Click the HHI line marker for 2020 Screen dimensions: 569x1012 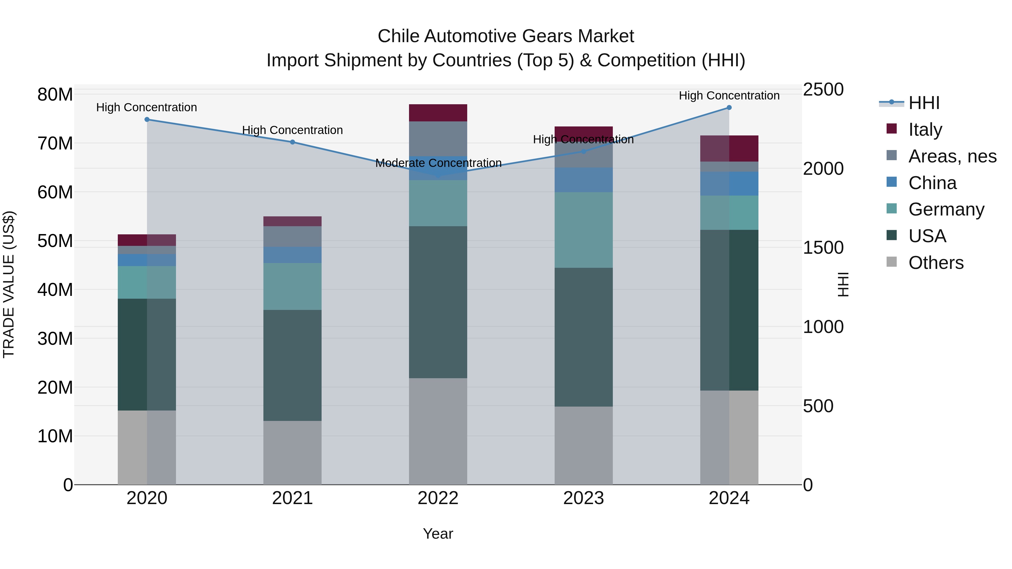[x=147, y=119]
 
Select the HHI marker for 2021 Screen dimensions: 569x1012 [x=292, y=142]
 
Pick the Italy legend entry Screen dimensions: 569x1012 [x=925, y=130]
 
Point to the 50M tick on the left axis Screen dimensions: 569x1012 [x=55, y=241]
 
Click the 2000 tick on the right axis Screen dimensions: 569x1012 [x=823, y=169]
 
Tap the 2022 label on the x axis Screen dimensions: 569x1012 [x=438, y=498]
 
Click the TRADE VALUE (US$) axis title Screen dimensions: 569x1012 [x=9, y=284]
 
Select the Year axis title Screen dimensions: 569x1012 [x=438, y=534]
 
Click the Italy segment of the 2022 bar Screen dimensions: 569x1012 [x=438, y=113]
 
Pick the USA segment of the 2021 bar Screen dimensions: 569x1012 [x=292, y=365]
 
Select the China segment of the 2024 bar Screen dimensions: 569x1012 [x=729, y=183]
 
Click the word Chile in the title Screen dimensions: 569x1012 [x=399, y=36]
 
